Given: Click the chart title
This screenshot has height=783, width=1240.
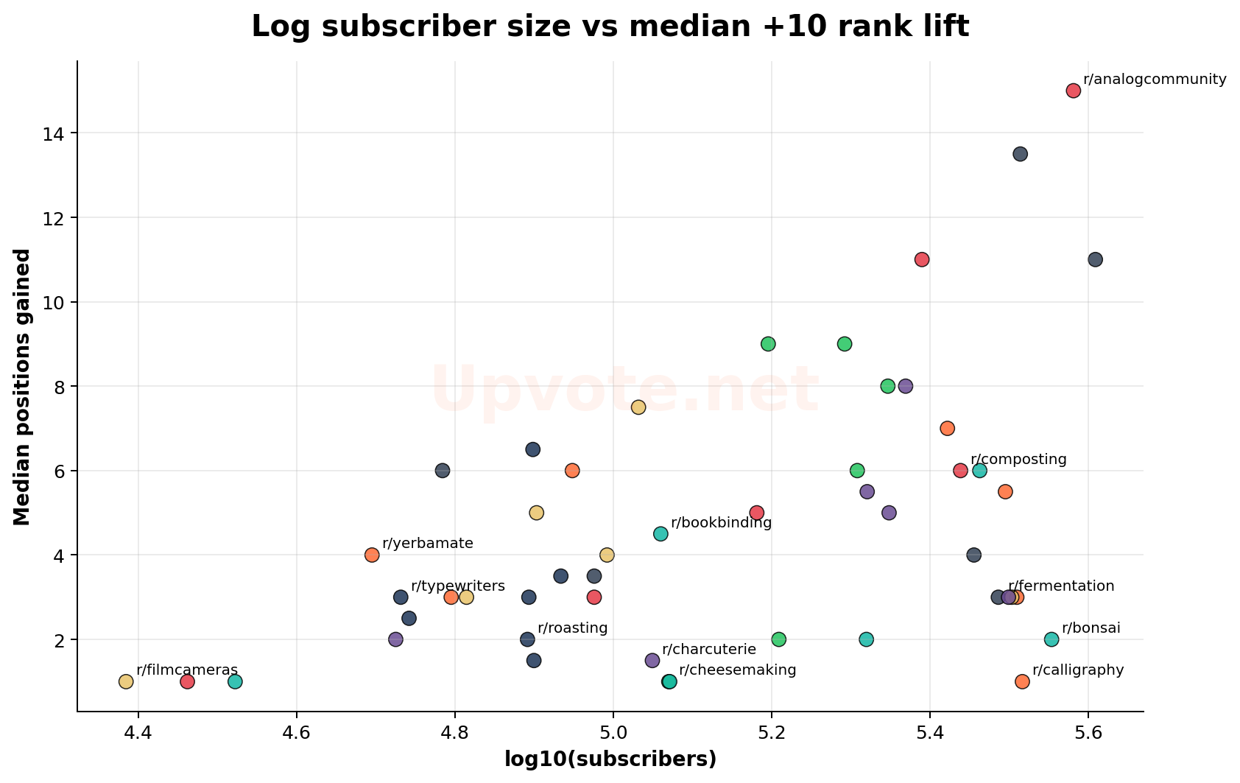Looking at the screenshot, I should click(610, 27).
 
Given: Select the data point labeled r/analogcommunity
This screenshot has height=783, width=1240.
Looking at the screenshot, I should click(1073, 91).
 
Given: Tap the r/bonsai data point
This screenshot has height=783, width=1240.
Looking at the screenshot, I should click(1051, 639).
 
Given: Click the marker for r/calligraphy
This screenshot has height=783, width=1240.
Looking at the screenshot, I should click(1022, 681).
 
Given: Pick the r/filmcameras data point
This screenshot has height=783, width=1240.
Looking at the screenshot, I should click(126, 681).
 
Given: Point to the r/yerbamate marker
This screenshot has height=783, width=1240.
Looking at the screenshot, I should click(372, 555).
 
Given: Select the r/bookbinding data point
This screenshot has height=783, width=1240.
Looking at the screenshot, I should click(660, 533).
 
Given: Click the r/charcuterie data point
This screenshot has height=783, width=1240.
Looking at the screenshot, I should click(652, 660).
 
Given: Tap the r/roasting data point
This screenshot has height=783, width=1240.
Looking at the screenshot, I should click(527, 639).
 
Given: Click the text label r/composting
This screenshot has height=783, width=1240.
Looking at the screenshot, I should click(1018, 460).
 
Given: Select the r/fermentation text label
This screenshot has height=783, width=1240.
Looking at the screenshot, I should click(1061, 586).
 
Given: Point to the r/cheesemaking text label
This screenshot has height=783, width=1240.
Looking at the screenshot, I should click(737, 670).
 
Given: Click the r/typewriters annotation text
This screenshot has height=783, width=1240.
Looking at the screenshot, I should click(458, 586).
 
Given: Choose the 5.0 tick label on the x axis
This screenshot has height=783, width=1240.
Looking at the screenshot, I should click(613, 734).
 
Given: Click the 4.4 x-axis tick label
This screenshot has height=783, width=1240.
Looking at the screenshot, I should click(138, 734).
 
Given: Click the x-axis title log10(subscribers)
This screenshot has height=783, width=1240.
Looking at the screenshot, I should click(610, 759).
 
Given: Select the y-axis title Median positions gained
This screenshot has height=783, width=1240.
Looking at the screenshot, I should click(23, 387).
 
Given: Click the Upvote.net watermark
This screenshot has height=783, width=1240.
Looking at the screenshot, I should click(624, 389).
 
